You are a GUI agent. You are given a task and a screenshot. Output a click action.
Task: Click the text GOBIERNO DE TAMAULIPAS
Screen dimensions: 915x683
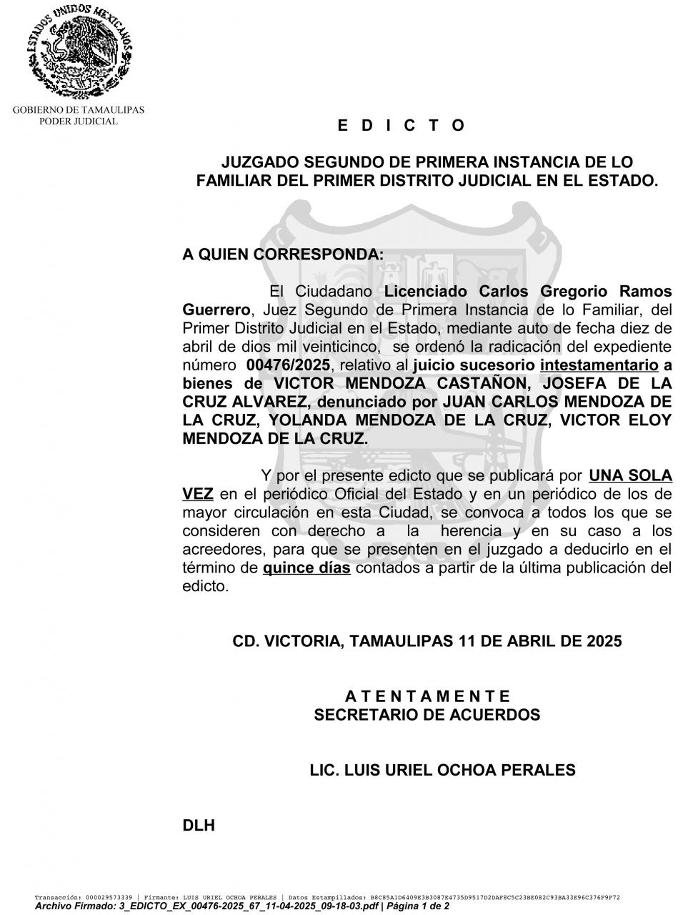click(79, 110)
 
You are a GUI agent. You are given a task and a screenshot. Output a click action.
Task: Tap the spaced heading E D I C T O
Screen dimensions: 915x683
click(401, 126)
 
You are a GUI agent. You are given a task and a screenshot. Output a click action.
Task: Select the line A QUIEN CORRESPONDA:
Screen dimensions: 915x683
click(283, 254)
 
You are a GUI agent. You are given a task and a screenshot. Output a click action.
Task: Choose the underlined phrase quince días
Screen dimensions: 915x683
click(306, 568)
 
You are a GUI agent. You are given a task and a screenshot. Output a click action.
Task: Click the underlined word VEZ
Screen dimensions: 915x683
click(198, 494)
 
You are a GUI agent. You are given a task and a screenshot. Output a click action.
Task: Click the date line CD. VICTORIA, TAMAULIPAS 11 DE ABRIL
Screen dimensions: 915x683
click(427, 641)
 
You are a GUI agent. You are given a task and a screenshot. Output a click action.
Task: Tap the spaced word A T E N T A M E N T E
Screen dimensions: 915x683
click(427, 696)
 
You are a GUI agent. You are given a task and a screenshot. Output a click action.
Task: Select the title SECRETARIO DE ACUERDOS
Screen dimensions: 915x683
click(427, 715)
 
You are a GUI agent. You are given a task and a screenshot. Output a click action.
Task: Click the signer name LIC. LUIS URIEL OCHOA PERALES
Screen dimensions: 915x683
click(442, 771)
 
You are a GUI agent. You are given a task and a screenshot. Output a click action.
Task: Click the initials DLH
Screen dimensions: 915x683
click(199, 826)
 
